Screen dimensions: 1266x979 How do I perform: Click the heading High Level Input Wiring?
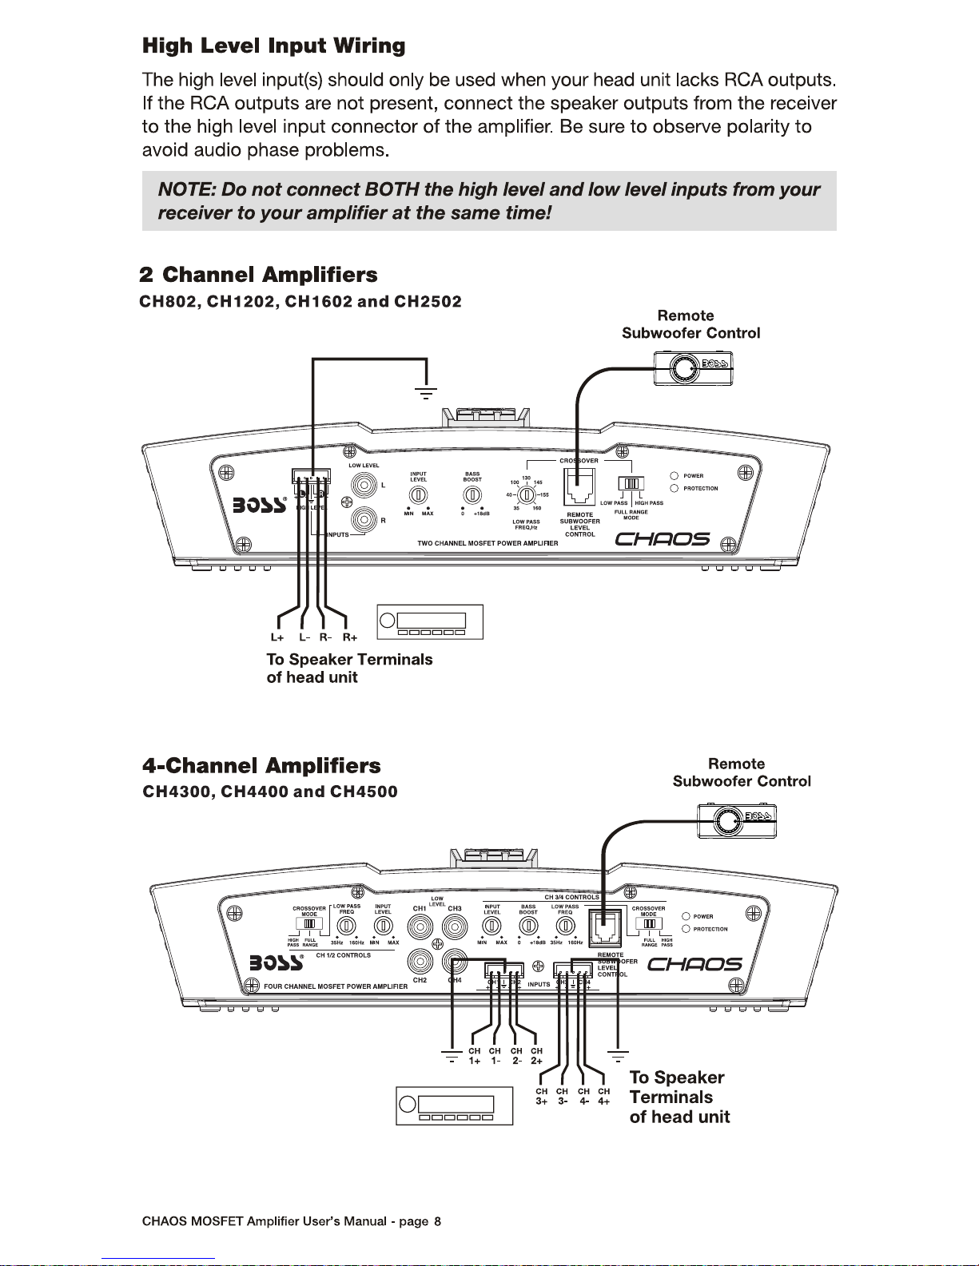coord(273,46)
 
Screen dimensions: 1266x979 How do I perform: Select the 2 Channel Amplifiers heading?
coord(258,276)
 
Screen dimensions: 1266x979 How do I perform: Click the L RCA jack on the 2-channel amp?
coord(367,485)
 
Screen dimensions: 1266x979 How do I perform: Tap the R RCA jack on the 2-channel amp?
coord(367,521)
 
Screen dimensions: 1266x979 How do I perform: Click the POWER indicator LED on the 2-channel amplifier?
coord(675,476)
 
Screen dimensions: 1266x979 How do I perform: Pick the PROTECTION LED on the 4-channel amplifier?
coord(686,929)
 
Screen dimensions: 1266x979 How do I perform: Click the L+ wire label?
coord(277,637)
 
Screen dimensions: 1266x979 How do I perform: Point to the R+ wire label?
coord(349,637)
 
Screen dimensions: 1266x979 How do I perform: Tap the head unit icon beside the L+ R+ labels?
coord(430,622)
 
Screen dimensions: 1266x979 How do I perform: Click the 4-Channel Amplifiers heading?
coord(261,766)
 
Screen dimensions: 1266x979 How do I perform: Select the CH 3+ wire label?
coord(542,1096)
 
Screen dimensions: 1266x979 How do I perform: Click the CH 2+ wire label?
coord(536,1056)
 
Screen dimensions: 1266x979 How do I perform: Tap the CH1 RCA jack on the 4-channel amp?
coord(420,927)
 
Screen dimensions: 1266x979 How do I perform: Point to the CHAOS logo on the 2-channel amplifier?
coord(663,540)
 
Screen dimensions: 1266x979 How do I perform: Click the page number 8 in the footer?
coord(437,1221)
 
